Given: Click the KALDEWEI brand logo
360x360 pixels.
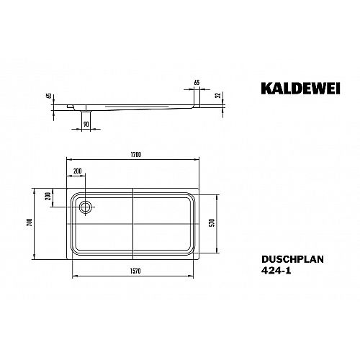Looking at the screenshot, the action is tap(300, 89).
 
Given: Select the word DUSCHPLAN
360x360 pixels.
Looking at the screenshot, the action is tap(292, 259).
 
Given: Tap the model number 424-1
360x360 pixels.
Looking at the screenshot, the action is tap(276, 271).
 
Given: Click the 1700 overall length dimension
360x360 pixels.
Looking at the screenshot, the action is tap(136, 155).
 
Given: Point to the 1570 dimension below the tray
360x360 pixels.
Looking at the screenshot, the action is tap(135, 271).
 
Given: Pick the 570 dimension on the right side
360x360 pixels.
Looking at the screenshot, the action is tap(212, 222).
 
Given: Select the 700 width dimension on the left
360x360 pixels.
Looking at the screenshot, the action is tap(30, 223).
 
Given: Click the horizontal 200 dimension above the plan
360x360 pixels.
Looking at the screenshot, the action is tap(78, 171).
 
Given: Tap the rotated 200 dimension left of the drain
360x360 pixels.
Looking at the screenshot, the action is tap(48, 196).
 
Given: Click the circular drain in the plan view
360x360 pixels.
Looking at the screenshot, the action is tap(85, 207).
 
